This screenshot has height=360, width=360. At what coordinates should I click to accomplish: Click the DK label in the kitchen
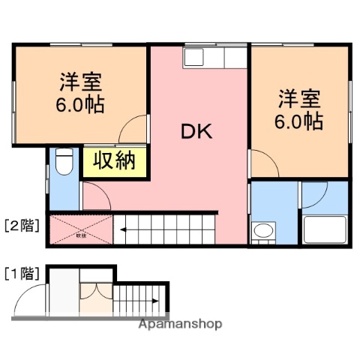click(x=197, y=132)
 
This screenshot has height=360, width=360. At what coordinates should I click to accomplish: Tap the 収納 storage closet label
click(x=114, y=161)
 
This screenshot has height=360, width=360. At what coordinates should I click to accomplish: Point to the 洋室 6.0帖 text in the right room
click(x=300, y=109)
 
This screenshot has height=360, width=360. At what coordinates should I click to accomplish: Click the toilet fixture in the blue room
click(x=64, y=161)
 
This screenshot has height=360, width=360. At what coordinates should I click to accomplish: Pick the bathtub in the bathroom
click(x=325, y=228)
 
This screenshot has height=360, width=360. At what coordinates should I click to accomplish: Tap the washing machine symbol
click(x=262, y=231)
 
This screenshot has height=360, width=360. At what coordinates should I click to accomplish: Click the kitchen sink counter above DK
click(x=214, y=58)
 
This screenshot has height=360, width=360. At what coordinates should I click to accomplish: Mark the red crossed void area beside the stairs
click(x=80, y=230)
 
